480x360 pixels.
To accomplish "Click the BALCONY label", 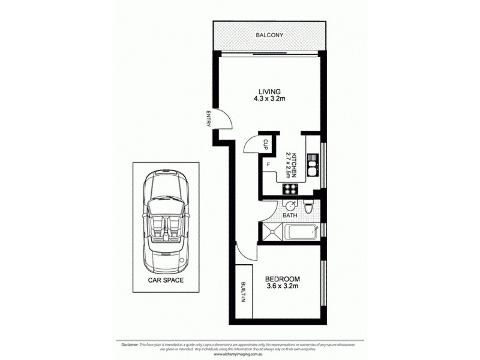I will [269, 35].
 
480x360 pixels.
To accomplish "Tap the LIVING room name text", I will [266, 91].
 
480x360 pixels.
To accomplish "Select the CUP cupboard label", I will [265, 145].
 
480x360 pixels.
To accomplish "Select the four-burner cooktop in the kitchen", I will [290, 188].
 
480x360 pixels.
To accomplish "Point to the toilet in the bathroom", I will [308, 208].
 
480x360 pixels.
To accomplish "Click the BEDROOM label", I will [281, 280].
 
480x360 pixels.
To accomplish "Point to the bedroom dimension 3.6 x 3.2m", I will [281, 287].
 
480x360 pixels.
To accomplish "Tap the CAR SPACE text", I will [166, 280].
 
